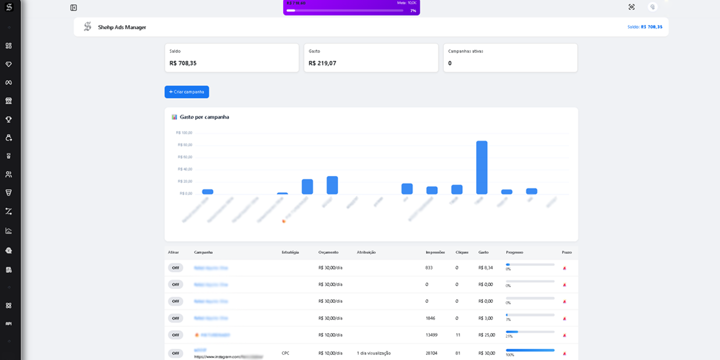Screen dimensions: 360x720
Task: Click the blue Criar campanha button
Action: (x=187, y=92)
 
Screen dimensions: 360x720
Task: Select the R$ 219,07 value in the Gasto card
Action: (x=322, y=63)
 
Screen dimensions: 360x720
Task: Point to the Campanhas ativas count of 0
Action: (x=450, y=63)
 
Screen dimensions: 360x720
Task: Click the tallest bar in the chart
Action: (x=482, y=167)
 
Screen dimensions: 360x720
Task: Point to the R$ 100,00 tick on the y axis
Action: (x=184, y=133)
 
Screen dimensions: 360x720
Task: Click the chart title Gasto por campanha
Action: (x=204, y=117)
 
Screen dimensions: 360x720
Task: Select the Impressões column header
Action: (x=435, y=252)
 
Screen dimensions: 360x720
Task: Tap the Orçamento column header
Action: (x=328, y=252)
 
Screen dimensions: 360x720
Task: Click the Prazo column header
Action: (x=567, y=252)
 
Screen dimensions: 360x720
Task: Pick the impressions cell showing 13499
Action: (x=431, y=335)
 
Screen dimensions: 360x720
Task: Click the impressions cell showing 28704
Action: (x=431, y=353)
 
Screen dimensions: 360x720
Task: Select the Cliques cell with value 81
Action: (x=457, y=353)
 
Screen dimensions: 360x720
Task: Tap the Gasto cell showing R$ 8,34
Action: (x=486, y=268)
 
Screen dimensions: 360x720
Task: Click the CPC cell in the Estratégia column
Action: (x=286, y=353)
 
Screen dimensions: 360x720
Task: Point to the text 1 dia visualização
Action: (x=374, y=353)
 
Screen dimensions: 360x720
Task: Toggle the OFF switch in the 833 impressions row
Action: (x=176, y=268)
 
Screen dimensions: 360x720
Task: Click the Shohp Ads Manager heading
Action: (x=122, y=27)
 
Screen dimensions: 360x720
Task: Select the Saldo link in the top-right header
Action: (x=644, y=27)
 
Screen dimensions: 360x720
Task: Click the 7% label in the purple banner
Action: (x=413, y=11)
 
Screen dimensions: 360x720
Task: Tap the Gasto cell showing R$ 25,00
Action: (x=487, y=335)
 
